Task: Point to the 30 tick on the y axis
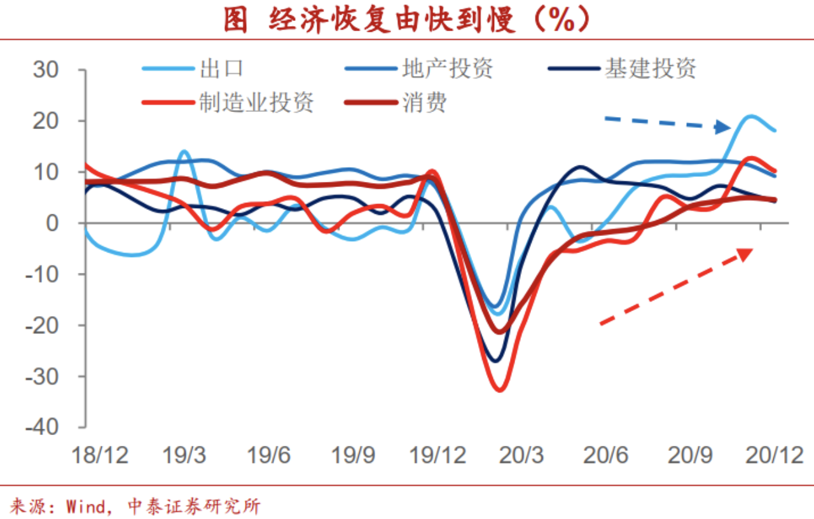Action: (46, 70)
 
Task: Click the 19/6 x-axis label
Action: (268, 455)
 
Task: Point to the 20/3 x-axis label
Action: (521, 455)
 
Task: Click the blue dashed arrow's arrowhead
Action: (723, 127)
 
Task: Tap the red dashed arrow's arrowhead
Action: (745, 253)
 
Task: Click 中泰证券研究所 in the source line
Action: (194, 507)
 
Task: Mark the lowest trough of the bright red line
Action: (499, 389)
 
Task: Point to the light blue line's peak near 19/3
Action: (184, 151)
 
